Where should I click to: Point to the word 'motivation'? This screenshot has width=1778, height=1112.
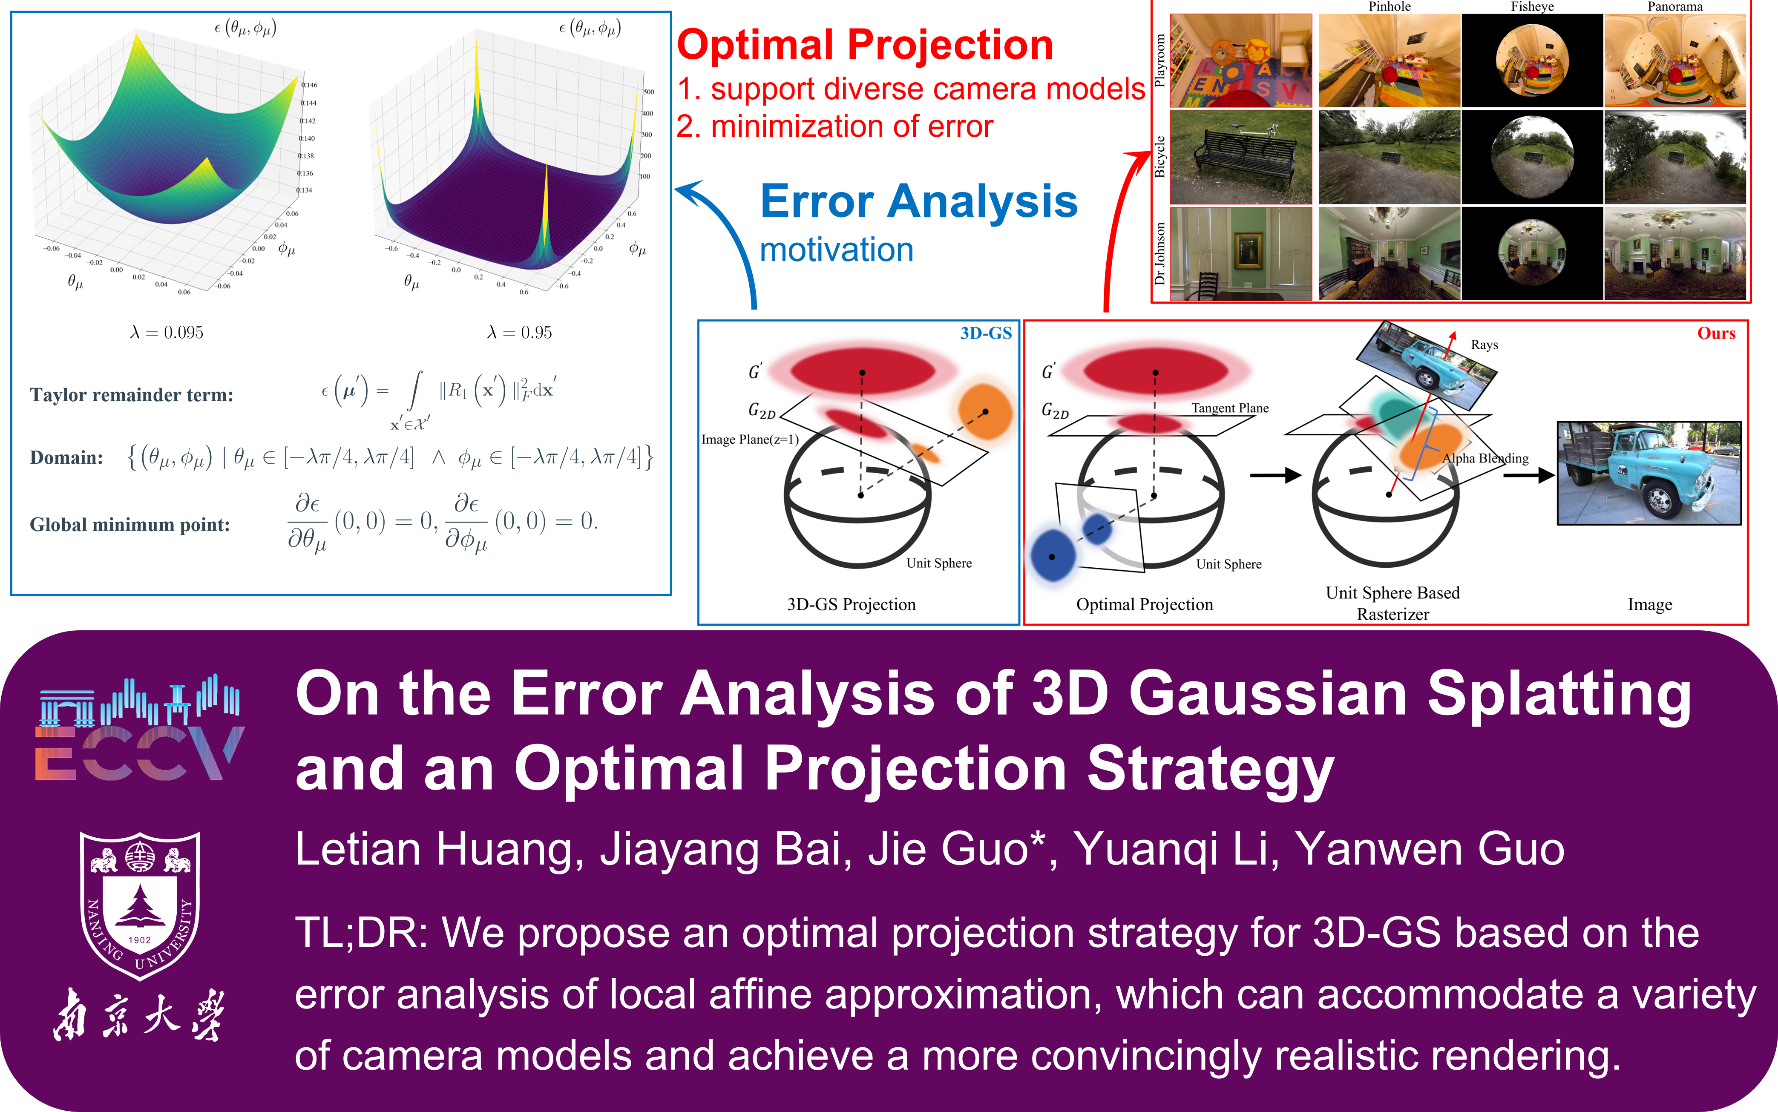(x=837, y=250)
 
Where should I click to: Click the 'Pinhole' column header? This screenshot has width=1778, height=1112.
(x=1389, y=7)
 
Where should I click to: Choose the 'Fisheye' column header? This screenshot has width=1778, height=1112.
(x=1532, y=7)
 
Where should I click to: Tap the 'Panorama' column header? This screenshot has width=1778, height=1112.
(x=1674, y=7)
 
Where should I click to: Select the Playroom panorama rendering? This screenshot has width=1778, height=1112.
(x=1674, y=60)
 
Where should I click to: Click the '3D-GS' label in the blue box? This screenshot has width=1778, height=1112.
(x=986, y=333)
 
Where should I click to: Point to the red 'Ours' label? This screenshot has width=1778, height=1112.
(x=1716, y=333)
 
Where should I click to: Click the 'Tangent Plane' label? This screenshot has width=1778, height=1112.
(x=1230, y=408)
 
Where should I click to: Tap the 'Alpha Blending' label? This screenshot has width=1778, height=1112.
(x=1485, y=458)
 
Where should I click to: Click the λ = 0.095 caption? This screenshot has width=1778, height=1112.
(x=167, y=333)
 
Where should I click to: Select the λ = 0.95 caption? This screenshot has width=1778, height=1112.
(x=519, y=333)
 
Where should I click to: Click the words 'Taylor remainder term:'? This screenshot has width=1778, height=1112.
(x=132, y=395)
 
